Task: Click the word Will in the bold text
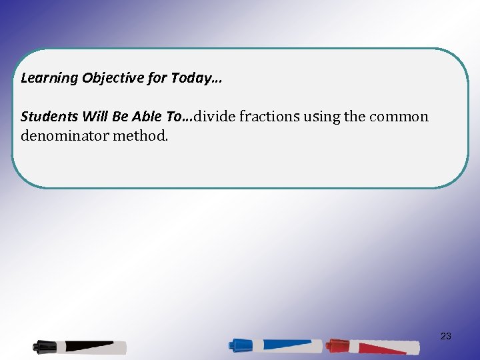click(x=87, y=117)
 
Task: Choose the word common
click(x=399, y=117)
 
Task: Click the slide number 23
click(x=446, y=336)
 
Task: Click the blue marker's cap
click(x=240, y=345)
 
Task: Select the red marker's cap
click(x=337, y=345)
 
